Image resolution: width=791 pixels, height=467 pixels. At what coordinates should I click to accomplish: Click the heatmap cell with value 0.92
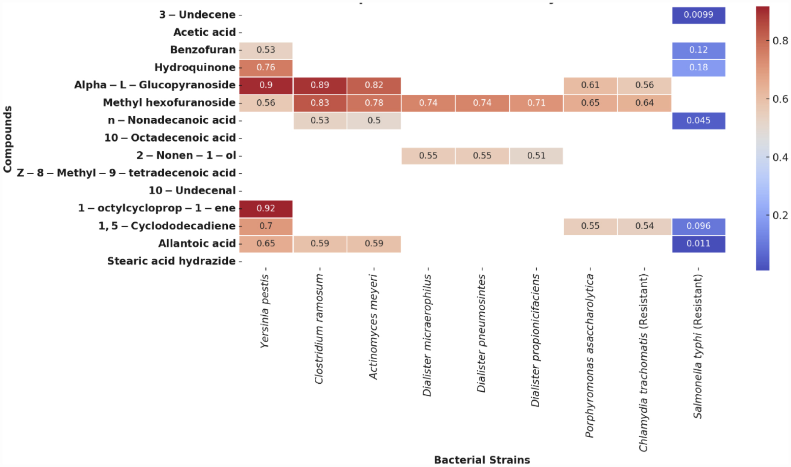click(x=266, y=208)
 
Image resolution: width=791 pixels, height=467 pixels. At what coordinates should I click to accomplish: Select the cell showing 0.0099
click(x=698, y=15)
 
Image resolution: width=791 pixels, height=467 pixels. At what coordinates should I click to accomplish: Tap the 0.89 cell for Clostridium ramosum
click(x=320, y=85)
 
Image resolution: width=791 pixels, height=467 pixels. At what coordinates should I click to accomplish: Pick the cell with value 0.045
click(x=698, y=120)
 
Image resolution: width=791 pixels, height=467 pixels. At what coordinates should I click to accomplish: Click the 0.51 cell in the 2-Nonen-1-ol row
click(x=536, y=156)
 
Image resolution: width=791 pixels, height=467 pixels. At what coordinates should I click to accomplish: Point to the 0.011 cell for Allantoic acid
click(x=698, y=243)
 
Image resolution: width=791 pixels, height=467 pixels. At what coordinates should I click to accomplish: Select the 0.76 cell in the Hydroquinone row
click(x=266, y=68)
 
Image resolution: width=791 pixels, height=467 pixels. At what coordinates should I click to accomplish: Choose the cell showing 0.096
click(x=698, y=226)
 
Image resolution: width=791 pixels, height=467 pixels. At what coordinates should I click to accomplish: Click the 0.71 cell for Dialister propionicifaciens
click(x=536, y=103)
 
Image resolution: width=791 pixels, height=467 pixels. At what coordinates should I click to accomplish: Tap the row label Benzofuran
click(x=203, y=50)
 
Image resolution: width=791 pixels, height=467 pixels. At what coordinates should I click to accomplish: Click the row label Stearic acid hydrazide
click(x=171, y=261)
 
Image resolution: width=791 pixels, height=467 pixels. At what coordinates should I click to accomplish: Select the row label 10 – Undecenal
click(x=192, y=191)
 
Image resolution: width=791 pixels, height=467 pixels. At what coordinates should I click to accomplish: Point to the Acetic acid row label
click(x=205, y=33)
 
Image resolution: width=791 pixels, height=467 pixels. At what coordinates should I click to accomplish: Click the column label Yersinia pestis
click(x=265, y=311)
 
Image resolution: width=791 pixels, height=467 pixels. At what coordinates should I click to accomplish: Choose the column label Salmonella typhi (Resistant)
click(x=698, y=347)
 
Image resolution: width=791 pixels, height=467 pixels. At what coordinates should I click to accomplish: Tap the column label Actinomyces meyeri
click(x=373, y=327)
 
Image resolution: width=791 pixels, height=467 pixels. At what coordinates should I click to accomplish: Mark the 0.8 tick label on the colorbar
click(x=780, y=41)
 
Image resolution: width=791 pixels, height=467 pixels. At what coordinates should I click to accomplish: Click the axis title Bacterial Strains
click(x=482, y=460)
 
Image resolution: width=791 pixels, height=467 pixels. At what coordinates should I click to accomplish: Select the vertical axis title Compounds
click(x=8, y=139)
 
